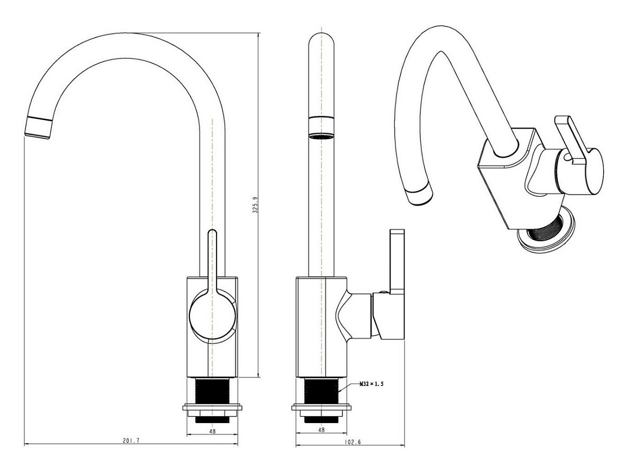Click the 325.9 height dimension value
point(256,205)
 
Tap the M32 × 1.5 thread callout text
point(371,384)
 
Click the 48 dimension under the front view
point(212,431)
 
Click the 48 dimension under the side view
point(321,430)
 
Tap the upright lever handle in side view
point(397,261)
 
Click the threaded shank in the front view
point(212,391)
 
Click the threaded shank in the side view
point(321,391)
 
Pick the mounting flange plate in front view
point(212,407)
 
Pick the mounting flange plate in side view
point(321,407)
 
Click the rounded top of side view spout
point(321,40)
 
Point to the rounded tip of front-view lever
point(212,234)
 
